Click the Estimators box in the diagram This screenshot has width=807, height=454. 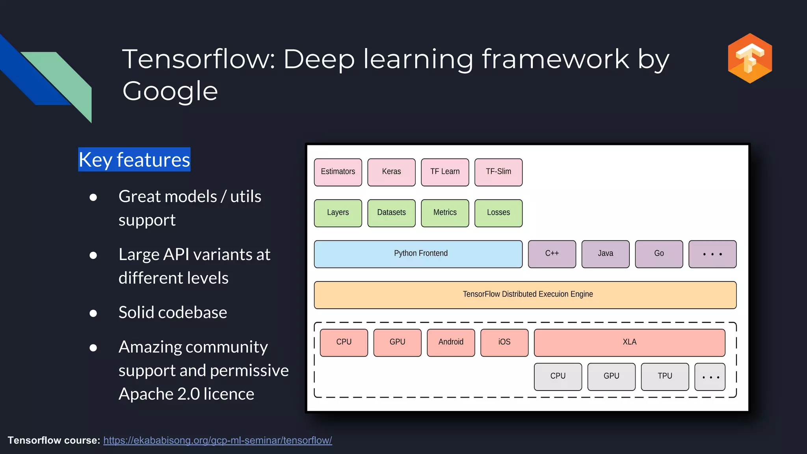click(338, 172)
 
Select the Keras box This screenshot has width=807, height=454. click(391, 172)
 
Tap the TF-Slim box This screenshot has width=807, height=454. click(498, 172)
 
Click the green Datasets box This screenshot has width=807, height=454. click(391, 213)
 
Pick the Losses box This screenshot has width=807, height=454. click(498, 213)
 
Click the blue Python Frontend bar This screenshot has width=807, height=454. click(418, 254)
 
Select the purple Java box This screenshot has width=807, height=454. click(605, 254)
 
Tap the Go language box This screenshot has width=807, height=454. click(659, 254)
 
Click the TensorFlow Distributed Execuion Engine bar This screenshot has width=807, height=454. click(525, 295)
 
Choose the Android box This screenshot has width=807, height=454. click(451, 342)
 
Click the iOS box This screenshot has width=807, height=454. click(504, 342)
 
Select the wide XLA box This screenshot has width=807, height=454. click(629, 342)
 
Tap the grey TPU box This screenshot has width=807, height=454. click(665, 376)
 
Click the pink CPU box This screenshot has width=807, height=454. click(344, 342)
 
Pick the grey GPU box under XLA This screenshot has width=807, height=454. click(611, 376)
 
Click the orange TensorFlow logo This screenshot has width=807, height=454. click(749, 58)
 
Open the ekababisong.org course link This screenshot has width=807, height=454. click(218, 440)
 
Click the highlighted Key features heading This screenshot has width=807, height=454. click(134, 160)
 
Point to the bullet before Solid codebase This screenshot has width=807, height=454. click(93, 313)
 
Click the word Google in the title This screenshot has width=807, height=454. click(170, 91)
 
